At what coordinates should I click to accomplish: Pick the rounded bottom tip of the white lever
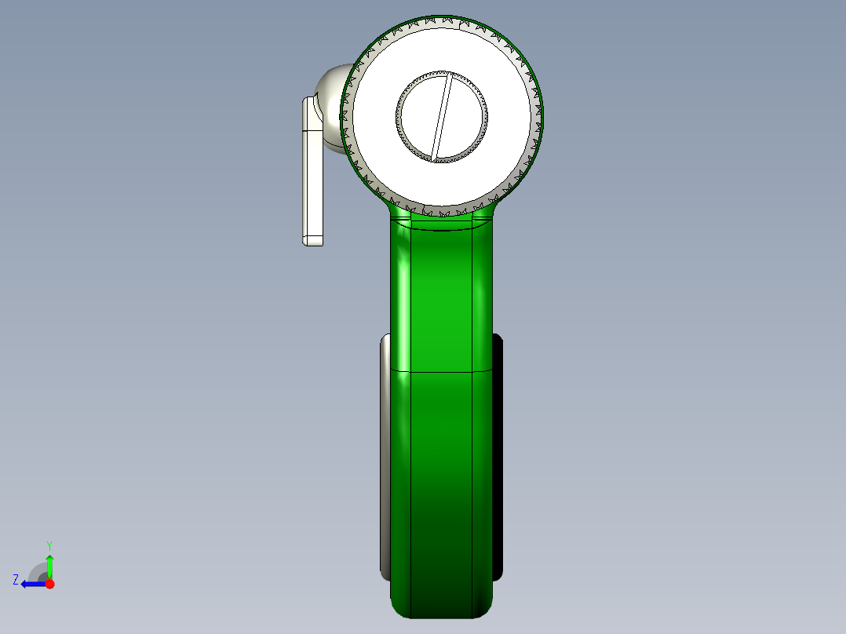click(312, 239)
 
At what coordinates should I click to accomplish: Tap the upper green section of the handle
click(442, 298)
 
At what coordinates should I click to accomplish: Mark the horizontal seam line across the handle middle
click(442, 371)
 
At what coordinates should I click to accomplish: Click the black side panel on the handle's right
click(498, 455)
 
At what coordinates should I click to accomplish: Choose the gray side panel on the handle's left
click(385, 455)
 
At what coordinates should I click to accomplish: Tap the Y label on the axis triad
click(49, 544)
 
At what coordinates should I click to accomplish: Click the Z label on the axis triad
click(16, 579)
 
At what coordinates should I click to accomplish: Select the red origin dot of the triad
click(49, 584)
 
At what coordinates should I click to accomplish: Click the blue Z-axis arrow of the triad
click(31, 584)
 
